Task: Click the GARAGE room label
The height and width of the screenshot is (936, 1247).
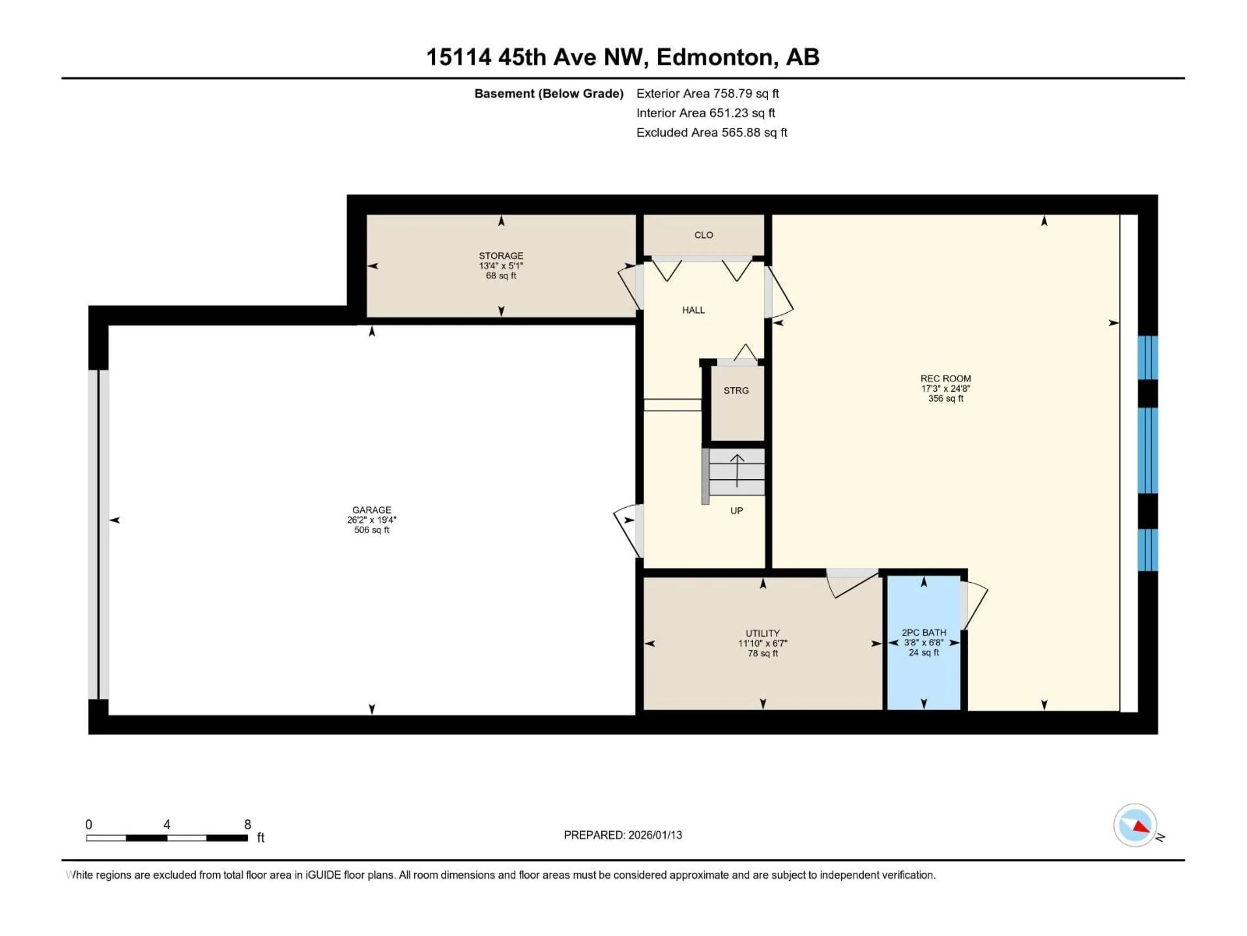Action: (x=372, y=510)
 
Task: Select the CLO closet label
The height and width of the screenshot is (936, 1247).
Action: (x=703, y=235)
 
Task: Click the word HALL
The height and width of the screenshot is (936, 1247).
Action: (x=693, y=310)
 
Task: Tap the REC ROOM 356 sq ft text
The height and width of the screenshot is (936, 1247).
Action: (x=945, y=398)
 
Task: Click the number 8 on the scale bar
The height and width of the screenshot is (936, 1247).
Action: (x=247, y=824)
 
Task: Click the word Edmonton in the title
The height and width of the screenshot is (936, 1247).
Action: (x=714, y=57)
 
